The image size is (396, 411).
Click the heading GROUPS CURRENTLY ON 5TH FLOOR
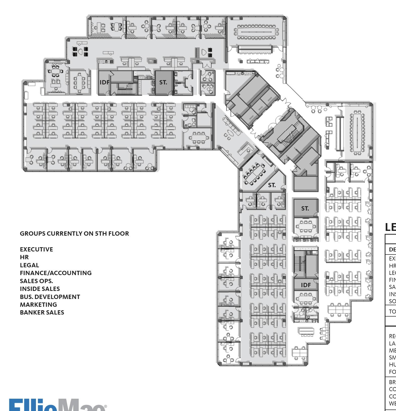pos(74,234)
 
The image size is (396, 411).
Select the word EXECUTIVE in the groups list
pos(36,249)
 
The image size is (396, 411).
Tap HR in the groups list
pos(24,257)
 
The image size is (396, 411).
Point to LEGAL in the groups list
pos(29,265)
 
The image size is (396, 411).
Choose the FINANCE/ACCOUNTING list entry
pos(56,273)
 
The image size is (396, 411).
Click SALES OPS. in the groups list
pos(36,281)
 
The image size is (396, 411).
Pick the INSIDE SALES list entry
pos(40,289)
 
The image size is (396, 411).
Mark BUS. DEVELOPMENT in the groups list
pos(50,297)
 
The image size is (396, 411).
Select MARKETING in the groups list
pos(38,305)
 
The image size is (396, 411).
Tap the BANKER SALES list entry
pos(42,313)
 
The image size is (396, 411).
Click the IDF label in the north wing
pos(104,82)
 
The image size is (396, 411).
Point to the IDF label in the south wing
pos(306,285)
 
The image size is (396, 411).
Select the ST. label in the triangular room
pos(272,185)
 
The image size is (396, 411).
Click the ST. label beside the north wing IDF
pos(163,82)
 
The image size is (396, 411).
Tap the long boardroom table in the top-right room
pos(256,32)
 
